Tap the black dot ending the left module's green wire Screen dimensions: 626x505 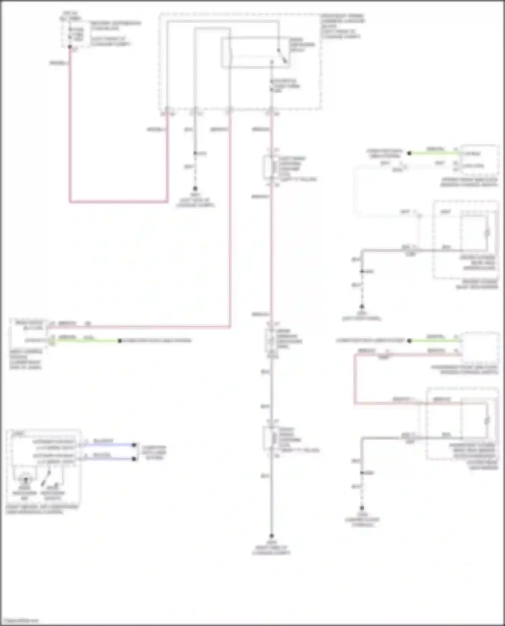pos(120,341)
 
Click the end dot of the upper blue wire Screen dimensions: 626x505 pos(134,445)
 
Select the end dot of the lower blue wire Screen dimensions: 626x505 pos(134,459)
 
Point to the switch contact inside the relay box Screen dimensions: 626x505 pos(282,56)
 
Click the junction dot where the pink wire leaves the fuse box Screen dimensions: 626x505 pos(70,47)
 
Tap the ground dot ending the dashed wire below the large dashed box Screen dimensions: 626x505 pos(195,189)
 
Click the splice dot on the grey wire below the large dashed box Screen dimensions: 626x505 pos(195,153)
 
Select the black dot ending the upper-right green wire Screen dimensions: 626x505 pos(409,153)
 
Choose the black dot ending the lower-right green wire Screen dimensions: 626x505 pos(409,341)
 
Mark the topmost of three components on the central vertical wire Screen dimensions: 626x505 pos(271,167)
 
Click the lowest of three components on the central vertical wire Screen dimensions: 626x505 pos(271,438)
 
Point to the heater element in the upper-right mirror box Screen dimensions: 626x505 pos(487,233)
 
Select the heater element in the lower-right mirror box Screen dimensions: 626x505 pos(487,420)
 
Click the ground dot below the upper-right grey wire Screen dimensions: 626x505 pos(362,307)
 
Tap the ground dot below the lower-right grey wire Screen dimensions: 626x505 pos(362,508)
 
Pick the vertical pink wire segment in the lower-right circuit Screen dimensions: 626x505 pos(355,378)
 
